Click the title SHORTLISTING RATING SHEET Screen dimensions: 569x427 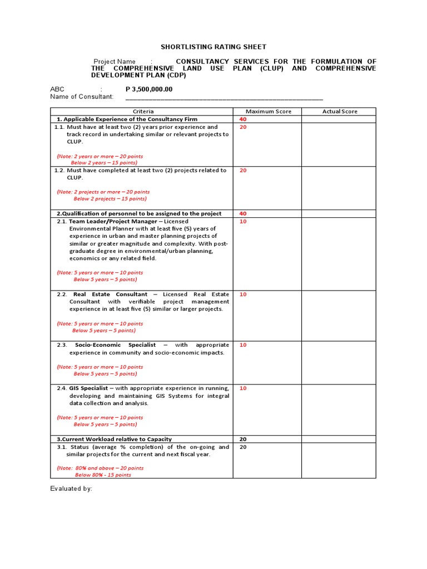coord(213,47)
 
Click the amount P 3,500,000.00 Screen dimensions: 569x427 coord(149,89)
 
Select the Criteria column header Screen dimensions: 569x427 coord(143,111)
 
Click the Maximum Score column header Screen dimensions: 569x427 coord(268,111)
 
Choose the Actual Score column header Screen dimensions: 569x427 coord(340,111)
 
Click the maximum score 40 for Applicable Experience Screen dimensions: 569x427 coord(242,119)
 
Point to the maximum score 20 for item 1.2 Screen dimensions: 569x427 coord(242,171)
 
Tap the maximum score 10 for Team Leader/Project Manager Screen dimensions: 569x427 coord(242,221)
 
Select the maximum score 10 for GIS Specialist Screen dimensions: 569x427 coord(242,388)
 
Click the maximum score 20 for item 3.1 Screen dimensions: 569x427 coord(242,447)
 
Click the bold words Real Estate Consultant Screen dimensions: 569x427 coord(110,294)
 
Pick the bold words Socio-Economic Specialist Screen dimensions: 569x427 coord(116,345)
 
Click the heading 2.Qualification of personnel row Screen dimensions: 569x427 coord(138,213)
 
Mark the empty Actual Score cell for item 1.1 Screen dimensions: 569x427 coord(339,144)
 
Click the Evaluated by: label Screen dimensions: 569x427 coord(71,488)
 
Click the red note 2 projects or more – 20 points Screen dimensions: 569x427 coord(104,192)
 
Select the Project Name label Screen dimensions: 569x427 coord(114,62)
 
